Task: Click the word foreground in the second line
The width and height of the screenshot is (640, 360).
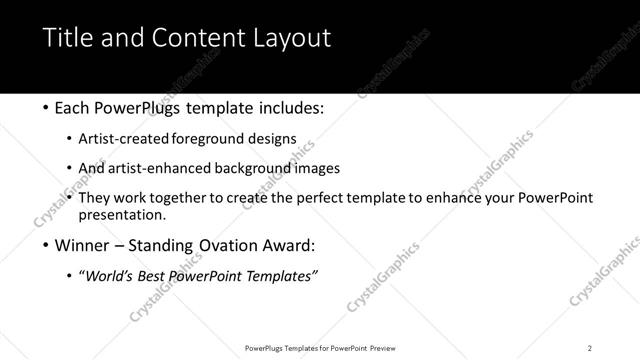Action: pos(204,138)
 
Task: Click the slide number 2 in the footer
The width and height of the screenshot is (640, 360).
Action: pos(590,347)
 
